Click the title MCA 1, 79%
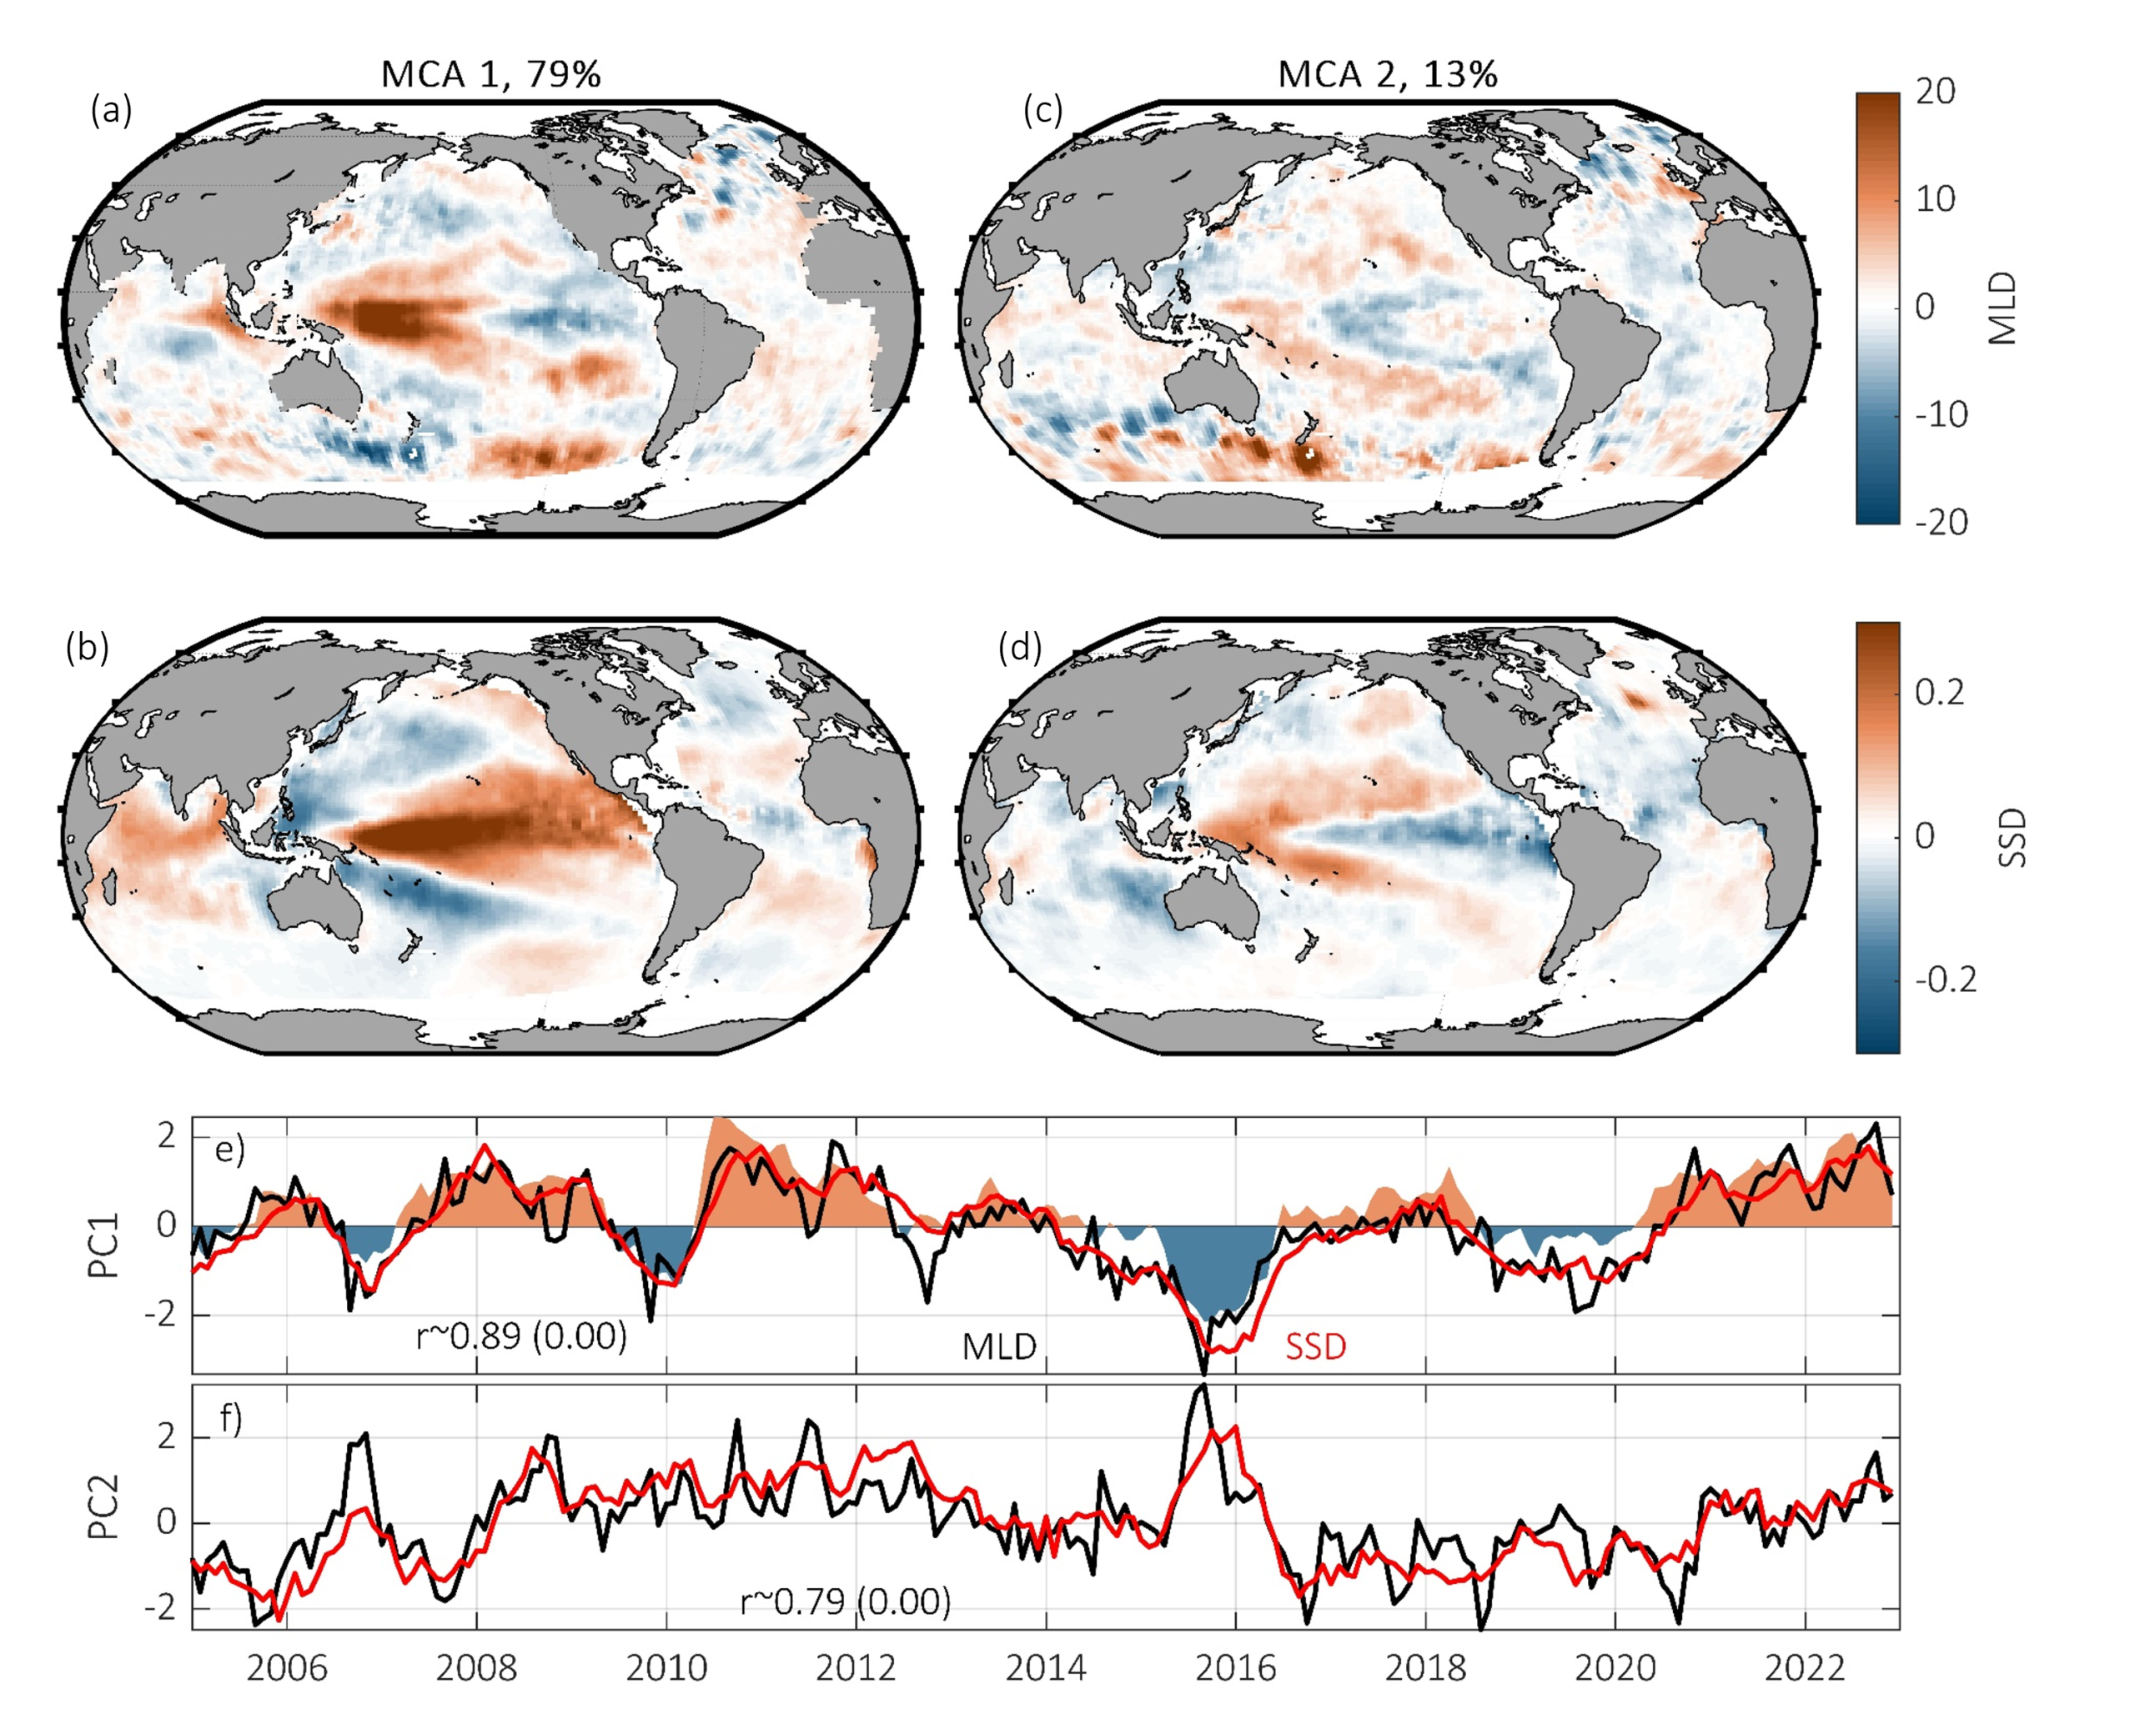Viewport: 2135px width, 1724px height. tap(490, 74)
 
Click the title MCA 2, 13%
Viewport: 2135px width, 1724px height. tap(1387, 74)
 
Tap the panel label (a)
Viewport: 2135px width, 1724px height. tap(110, 110)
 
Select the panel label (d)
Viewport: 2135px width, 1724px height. tap(1020, 648)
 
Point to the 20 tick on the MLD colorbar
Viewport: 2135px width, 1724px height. tap(1934, 93)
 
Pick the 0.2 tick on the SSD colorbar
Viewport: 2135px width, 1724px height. tap(1939, 692)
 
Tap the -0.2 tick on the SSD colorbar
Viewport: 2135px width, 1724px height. tap(1945, 980)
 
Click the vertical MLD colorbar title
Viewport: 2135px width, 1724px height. tap(2004, 308)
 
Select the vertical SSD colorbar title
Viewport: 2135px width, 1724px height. tap(2010, 837)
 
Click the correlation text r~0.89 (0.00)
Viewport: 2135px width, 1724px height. tap(521, 1336)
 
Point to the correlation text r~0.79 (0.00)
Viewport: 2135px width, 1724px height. tap(846, 1601)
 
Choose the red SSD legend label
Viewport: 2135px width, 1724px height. tap(1315, 1346)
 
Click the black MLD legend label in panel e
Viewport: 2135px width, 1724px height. tap(998, 1346)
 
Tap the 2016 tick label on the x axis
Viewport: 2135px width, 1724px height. tap(1235, 1668)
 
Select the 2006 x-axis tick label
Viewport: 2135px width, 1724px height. tap(286, 1668)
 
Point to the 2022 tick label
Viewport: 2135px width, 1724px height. tap(1804, 1668)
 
